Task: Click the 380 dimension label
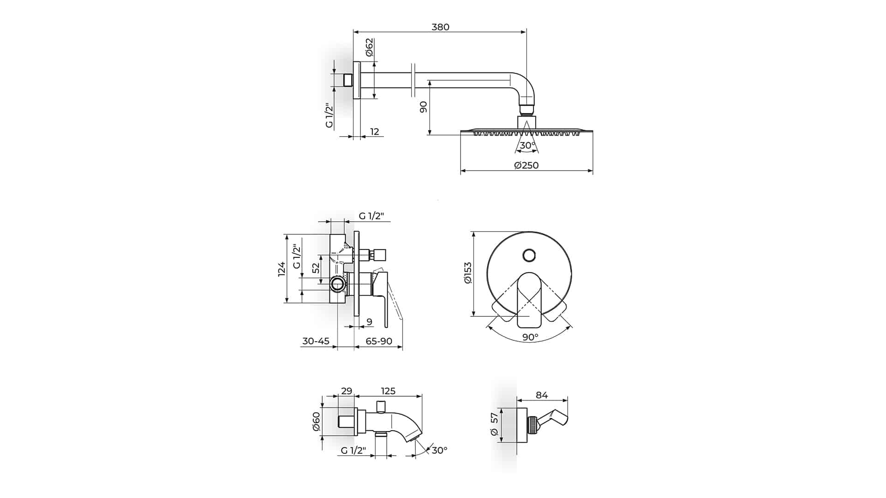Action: tap(440, 27)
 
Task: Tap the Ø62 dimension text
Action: tap(369, 47)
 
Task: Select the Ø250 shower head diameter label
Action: tap(527, 165)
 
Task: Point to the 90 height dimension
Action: tap(423, 107)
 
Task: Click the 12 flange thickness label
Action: tap(375, 131)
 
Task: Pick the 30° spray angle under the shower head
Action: tap(527, 145)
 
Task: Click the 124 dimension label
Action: tap(281, 269)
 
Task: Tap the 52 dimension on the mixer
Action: tap(316, 268)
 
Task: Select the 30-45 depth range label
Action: tap(316, 341)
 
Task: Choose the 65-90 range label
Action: tap(379, 341)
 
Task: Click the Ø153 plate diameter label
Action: tap(468, 273)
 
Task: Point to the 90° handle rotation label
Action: tap(530, 337)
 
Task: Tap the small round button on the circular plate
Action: tap(529, 255)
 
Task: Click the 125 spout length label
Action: tap(388, 391)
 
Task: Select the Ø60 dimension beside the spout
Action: tap(316, 421)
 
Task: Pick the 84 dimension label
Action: tap(542, 395)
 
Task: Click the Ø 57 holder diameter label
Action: tap(494, 425)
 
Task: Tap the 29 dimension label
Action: tap(346, 391)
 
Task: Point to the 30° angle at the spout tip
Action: tap(439, 450)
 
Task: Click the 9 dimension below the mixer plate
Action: tap(369, 322)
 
